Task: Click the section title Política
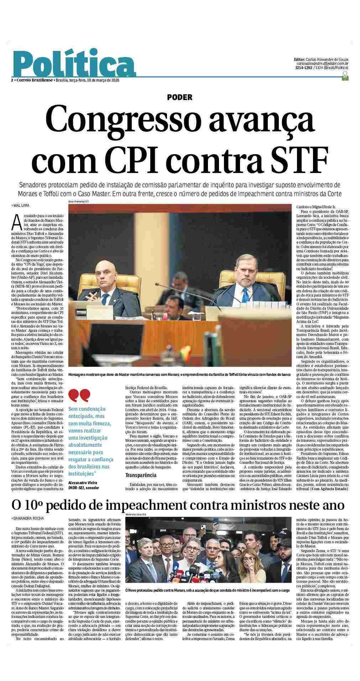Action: click(x=73, y=63)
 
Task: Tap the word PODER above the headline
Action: click(x=180, y=97)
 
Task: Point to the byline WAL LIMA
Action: click(x=21, y=205)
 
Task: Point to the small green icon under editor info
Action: click(x=344, y=76)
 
